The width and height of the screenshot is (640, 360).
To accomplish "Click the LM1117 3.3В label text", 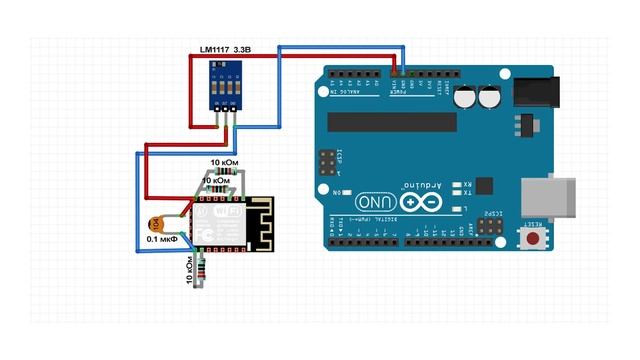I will (225, 48).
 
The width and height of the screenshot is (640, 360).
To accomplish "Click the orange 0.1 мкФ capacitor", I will (155, 224).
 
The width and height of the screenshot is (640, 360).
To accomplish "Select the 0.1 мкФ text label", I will (162, 240).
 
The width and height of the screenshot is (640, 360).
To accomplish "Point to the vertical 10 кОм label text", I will (190, 269).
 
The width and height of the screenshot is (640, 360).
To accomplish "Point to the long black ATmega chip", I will (390, 121).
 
